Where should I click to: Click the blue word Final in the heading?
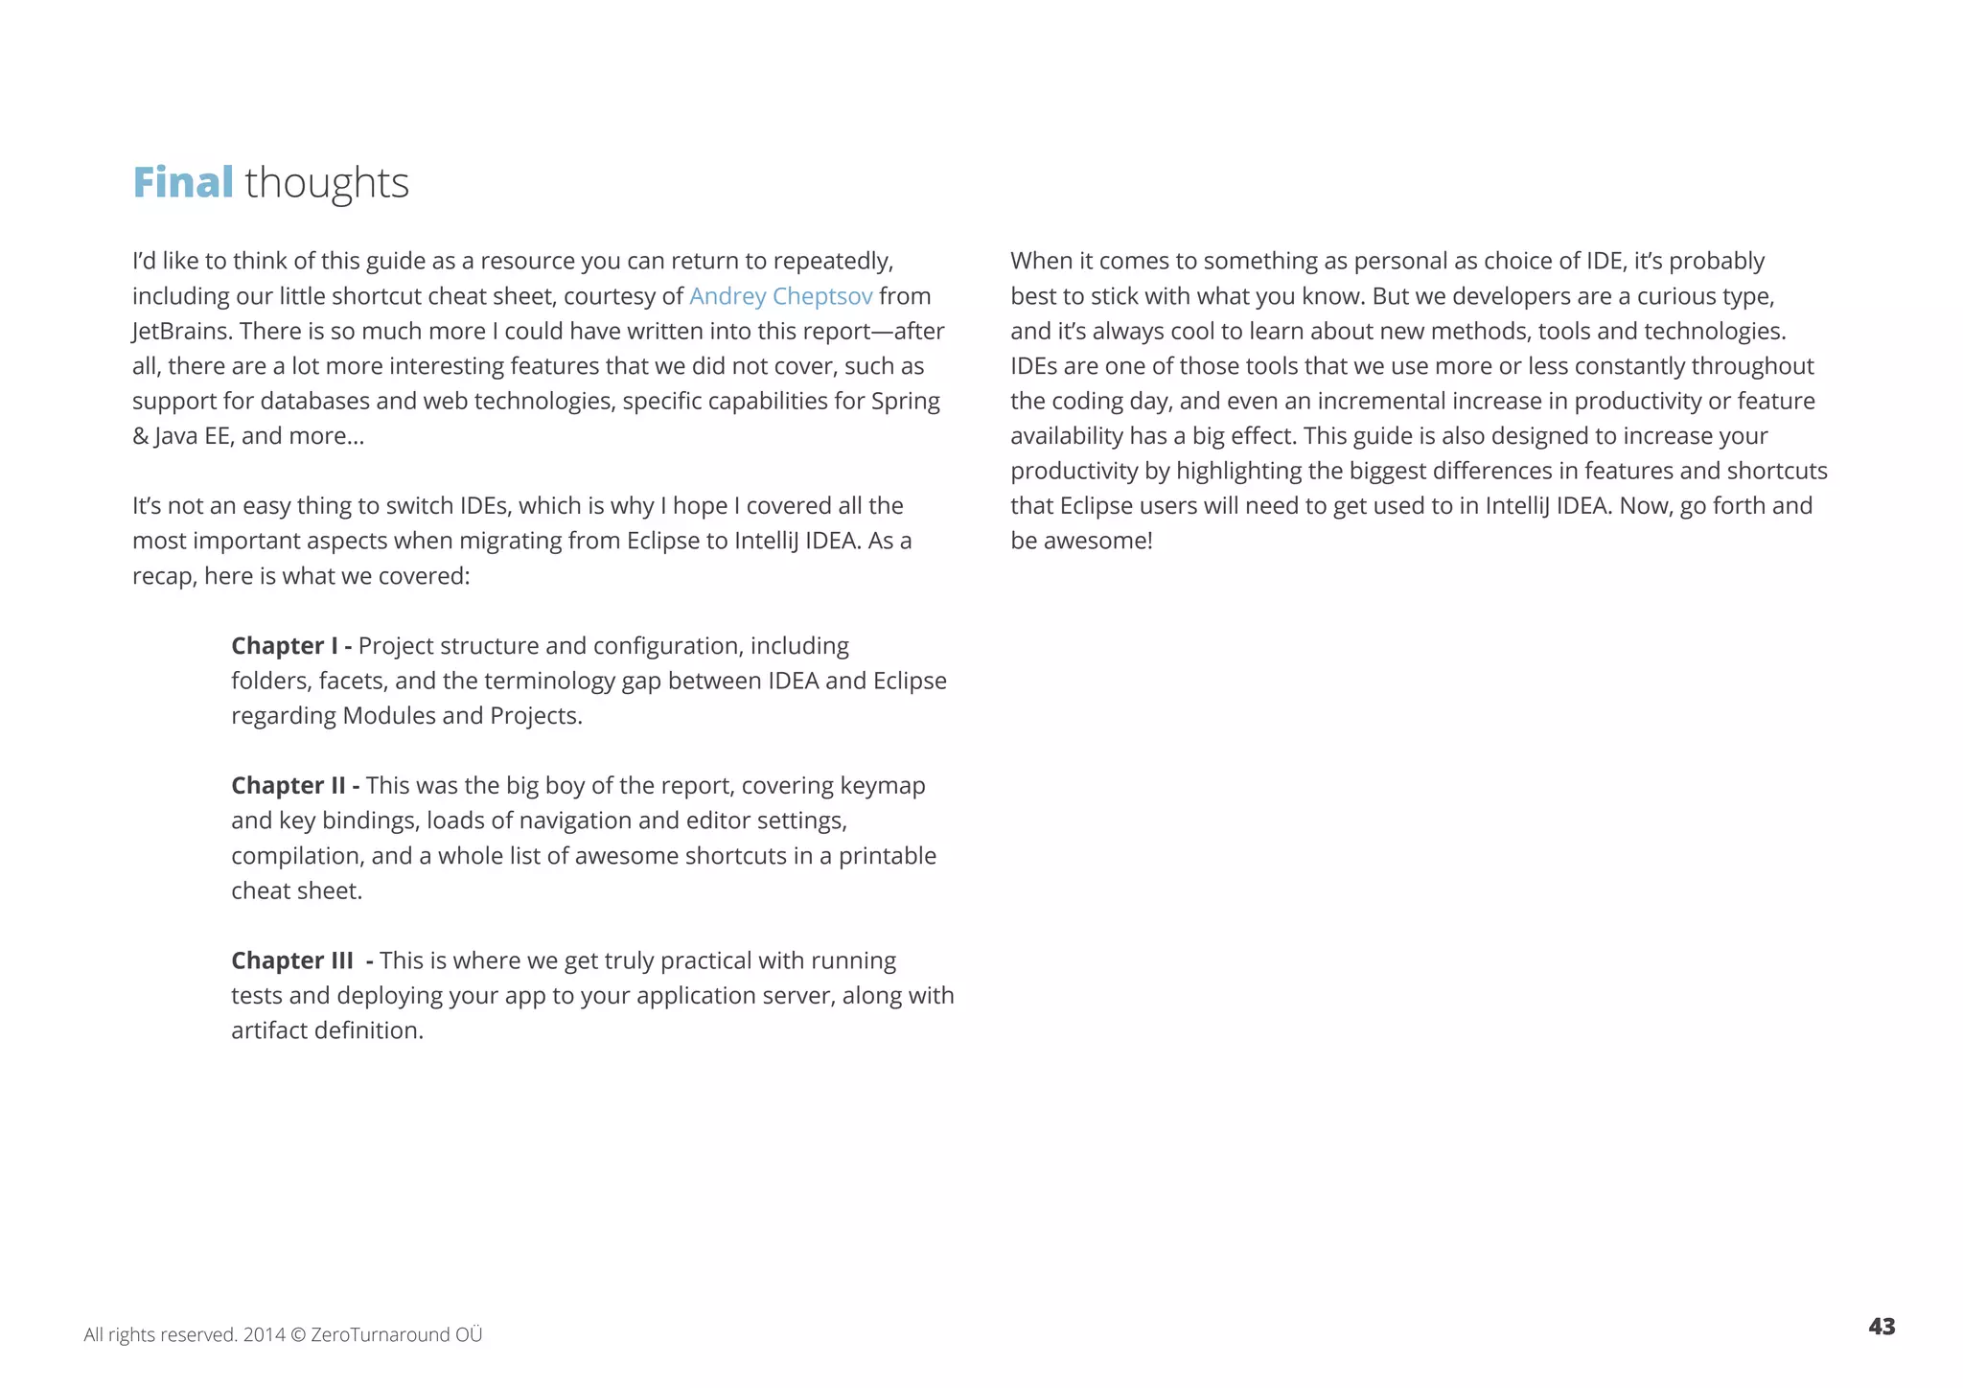pyautogui.click(x=182, y=182)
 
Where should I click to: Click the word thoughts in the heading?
pyautogui.click(x=327, y=183)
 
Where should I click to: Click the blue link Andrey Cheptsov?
pyautogui.click(x=780, y=296)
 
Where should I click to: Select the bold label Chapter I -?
pyautogui.click(x=291, y=646)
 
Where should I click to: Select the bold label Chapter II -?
pyautogui.click(x=295, y=786)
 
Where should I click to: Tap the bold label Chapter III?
pyautogui.click(x=291, y=960)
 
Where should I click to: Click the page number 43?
pyautogui.click(x=1881, y=1327)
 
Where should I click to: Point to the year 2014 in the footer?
pyautogui.click(x=264, y=1335)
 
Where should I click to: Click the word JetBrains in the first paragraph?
pyautogui.click(x=181, y=332)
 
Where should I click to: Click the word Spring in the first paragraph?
pyautogui.click(x=905, y=402)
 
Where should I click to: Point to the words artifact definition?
pyautogui.click(x=327, y=1030)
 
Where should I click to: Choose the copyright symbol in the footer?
pyautogui.click(x=297, y=1335)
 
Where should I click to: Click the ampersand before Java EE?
pyautogui.click(x=140, y=437)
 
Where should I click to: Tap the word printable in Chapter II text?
pyautogui.click(x=887, y=856)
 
